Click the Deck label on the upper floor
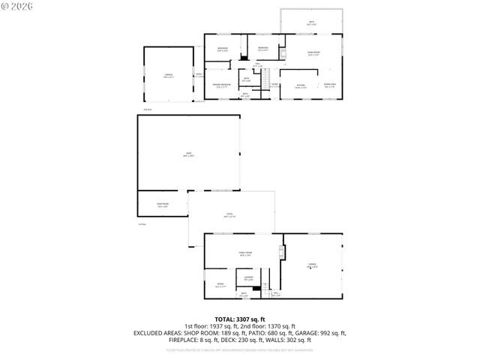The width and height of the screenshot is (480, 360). point(311,22)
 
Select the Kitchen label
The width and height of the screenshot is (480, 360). point(301,85)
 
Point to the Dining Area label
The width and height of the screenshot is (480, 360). point(329,85)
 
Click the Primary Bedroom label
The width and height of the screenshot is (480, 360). point(221,85)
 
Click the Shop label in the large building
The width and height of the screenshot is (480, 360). point(189,155)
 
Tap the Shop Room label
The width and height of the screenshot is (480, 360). point(162,205)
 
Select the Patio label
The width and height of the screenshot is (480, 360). point(229,215)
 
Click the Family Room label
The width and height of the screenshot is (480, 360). point(245,253)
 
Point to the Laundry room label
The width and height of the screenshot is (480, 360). point(248,278)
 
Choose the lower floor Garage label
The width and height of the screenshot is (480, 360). point(312,265)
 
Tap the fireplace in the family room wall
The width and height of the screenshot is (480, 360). point(283,250)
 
